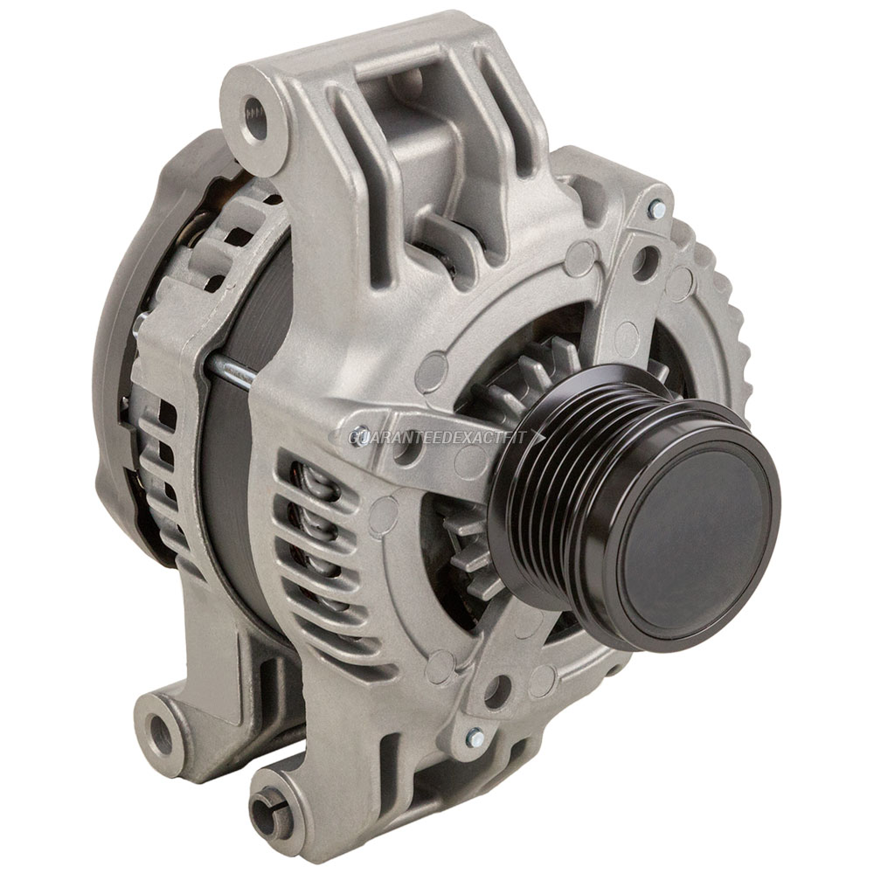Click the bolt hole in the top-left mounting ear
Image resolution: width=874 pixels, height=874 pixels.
point(254,112)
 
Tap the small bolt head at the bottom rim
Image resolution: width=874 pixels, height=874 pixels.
point(475,739)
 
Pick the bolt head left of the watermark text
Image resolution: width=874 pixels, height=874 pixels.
point(357,434)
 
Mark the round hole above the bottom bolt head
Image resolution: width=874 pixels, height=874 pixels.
point(496,690)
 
